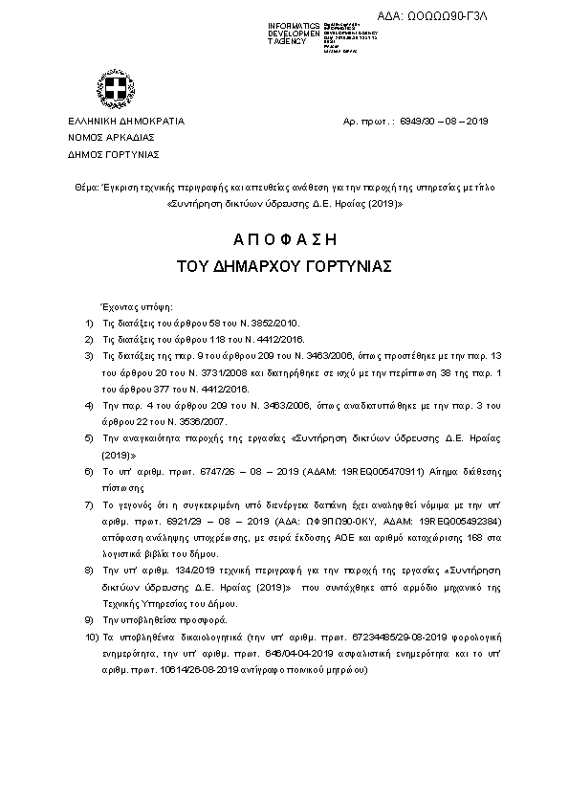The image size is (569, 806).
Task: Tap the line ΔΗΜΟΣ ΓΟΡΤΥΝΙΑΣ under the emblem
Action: point(113,154)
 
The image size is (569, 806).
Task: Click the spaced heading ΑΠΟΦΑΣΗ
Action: point(285,238)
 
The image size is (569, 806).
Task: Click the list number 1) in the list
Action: point(89,324)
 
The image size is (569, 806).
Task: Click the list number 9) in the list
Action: point(89,619)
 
